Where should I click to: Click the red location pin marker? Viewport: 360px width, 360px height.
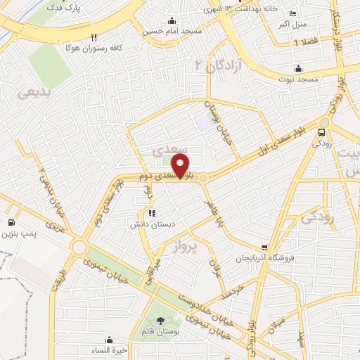point(181,167)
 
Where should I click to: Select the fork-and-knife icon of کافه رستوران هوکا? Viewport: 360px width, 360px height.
point(94,37)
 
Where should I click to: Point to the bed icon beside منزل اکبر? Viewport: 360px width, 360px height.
point(292,14)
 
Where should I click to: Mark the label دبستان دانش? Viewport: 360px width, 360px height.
point(146,224)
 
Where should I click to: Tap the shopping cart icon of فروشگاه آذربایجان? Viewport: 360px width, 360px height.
point(264,247)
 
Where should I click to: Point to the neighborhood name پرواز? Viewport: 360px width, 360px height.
point(188,247)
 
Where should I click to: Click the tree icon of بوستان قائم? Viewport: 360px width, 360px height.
point(160,321)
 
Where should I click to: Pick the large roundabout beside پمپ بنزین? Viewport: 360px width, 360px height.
point(78,247)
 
